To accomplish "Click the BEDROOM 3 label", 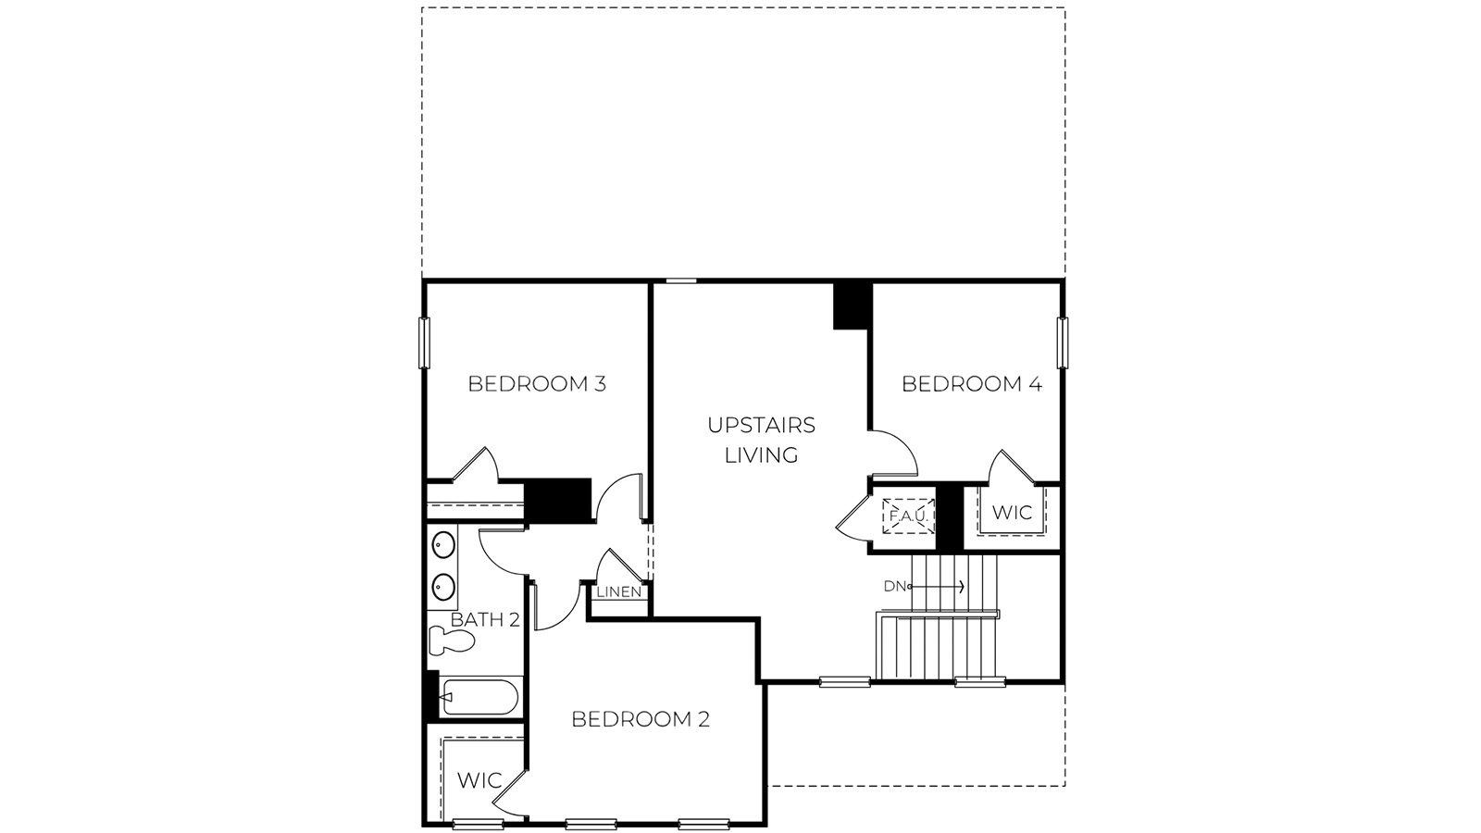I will (537, 383).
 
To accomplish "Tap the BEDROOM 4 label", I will (972, 383).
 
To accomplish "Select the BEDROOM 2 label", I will (641, 719).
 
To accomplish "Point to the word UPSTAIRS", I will (761, 425).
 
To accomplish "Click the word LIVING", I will (761, 455).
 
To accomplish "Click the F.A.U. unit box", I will (910, 516).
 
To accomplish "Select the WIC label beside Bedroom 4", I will (1012, 513).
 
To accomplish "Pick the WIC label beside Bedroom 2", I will (479, 780).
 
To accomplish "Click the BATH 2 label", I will (485, 620).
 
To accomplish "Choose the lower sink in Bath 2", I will (443, 586).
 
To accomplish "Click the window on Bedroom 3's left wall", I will (425, 342).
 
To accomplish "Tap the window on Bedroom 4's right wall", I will (1063, 342).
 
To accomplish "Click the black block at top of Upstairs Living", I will (852, 305).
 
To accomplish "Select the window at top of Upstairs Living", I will (681, 280).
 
